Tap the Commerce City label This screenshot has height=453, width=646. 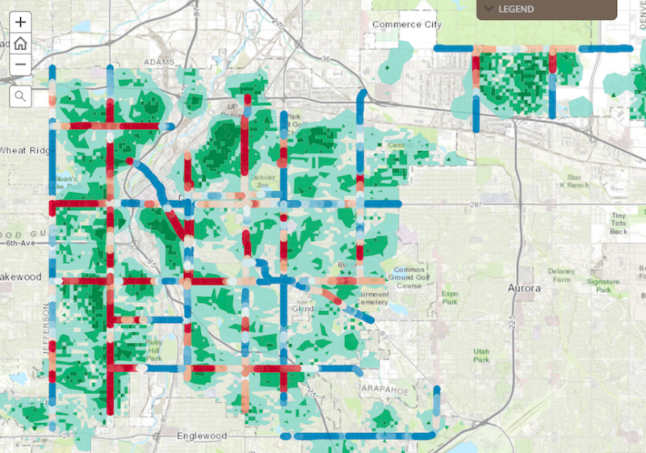(407, 25)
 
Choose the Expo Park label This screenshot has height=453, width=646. (450, 299)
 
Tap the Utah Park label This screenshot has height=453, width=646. (482, 355)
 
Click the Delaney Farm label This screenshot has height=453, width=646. (559, 275)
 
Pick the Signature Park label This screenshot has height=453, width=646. (602, 285)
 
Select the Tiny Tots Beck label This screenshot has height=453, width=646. (619, 223)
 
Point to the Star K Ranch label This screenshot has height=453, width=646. (574, 181)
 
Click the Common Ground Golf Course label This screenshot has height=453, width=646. (409, 279)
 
